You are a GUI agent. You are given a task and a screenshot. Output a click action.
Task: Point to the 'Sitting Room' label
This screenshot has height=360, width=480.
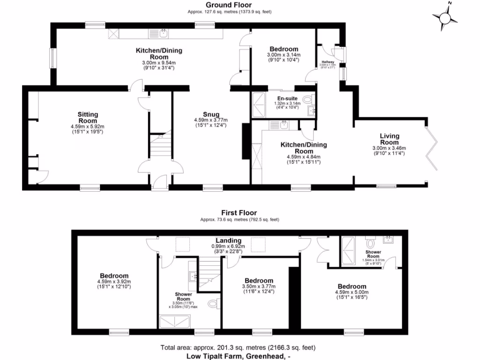click(88, 118)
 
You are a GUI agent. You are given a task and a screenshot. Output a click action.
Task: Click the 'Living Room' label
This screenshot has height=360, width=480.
click(389, 139)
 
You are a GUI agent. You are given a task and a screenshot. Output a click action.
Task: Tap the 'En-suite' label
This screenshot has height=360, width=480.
click(285, 98)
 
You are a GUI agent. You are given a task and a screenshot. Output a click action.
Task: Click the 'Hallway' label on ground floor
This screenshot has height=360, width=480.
click(328, 61)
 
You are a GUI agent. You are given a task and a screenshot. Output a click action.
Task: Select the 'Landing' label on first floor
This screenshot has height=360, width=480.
click(228, 240)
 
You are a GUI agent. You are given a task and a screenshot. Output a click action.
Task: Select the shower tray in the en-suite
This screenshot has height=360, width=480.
click(258, 105)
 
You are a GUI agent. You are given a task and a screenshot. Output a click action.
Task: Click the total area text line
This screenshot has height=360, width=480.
click(238, 348)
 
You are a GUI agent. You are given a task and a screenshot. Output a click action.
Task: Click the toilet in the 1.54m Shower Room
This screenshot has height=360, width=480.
click(371, 244)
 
